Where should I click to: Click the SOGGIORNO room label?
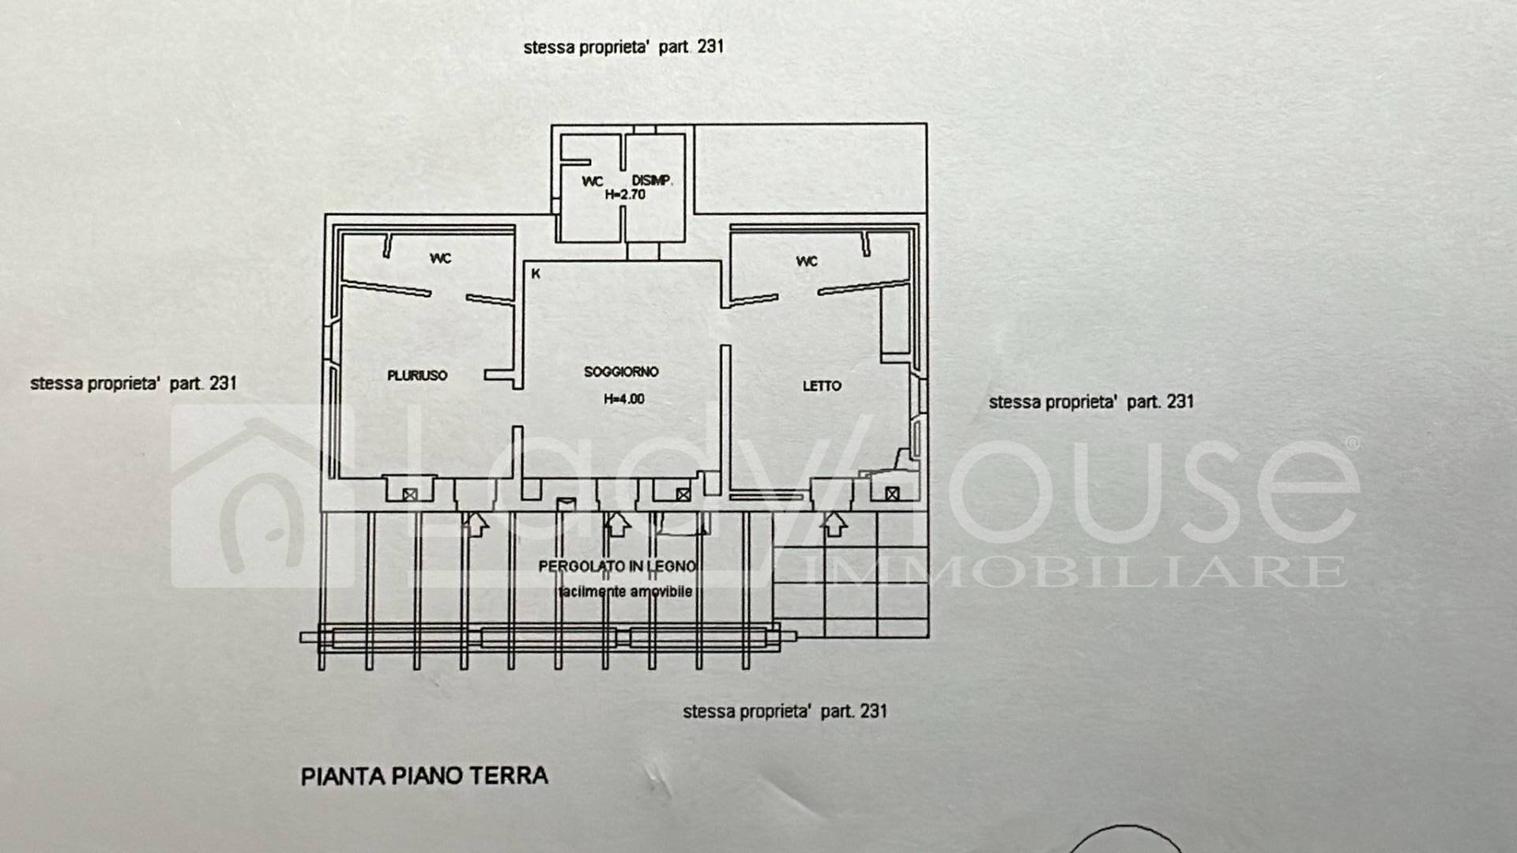(x=621, y=372)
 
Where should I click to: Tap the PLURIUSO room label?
(x=417, y=376)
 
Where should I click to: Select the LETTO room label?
(x=822, y=386)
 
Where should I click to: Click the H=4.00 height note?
(x=623, y=400)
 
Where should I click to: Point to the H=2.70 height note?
(x=625, y=194)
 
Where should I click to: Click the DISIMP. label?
(x=652, y=181)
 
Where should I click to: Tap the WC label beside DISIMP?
(x=593, y=182)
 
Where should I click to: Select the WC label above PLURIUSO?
(x=440, y=258)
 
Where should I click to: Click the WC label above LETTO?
(x=807, y=261)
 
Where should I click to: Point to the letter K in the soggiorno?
(x=536, y=274)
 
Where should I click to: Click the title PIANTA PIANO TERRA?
(x=424, y=776)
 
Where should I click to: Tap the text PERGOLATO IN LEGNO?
(x=617, y=566)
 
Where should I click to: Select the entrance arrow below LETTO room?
(x=834, y=523)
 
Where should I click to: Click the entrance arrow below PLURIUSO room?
(x=476, y=523)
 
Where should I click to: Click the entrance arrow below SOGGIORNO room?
(x=617, y=523)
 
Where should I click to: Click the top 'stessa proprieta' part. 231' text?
(x=623, y=47)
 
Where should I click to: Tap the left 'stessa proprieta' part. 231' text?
(x=134, y=384)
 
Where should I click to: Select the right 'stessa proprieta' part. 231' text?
(x=1090, y=402)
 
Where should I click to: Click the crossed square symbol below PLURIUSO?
(x=409, y=494)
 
